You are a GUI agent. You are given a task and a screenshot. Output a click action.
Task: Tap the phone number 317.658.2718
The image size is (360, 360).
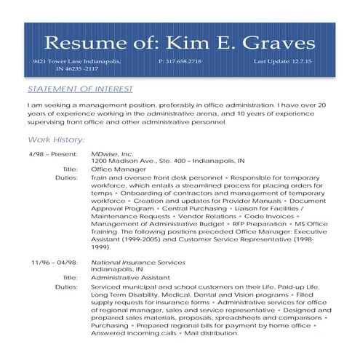180,62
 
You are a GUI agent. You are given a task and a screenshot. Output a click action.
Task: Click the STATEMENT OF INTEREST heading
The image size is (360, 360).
80,89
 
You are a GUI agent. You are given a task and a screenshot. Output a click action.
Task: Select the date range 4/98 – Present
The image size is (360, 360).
53,154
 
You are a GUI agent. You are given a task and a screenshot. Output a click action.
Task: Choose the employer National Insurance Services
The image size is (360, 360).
138,261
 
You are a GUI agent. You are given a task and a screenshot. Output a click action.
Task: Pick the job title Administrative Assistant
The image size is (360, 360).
130,277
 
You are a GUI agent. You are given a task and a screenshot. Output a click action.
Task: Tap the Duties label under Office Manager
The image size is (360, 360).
66,177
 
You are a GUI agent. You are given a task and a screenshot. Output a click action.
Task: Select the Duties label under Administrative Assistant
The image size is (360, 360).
66,287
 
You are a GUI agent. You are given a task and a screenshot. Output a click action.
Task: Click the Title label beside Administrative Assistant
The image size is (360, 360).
70,277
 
